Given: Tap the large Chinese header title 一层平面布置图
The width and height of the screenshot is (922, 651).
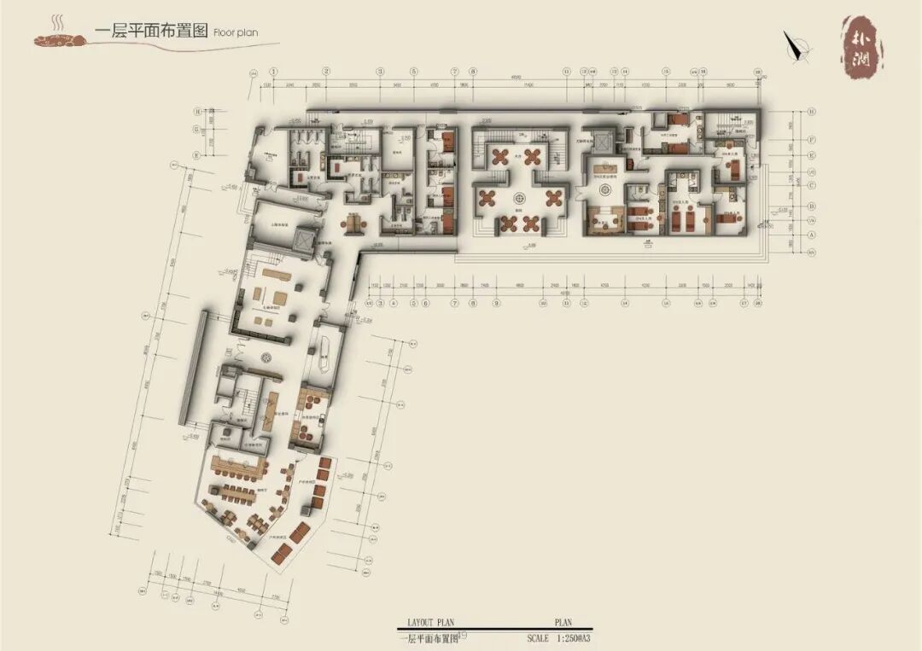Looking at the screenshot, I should (151, 31).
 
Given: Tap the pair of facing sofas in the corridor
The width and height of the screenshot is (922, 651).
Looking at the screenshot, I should (353, 223).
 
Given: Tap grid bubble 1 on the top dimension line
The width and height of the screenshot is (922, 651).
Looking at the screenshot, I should (274, 73).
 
